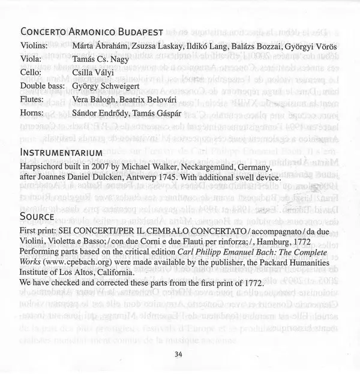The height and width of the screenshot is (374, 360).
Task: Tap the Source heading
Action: coord(38,214)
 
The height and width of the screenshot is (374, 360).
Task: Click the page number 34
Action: coord(179,354)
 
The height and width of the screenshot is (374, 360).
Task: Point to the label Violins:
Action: coord(34,46)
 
